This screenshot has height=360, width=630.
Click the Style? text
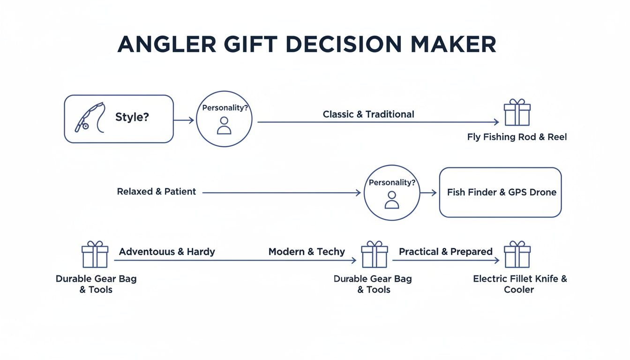click(132, 117)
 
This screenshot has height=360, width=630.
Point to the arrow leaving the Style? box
click(184, 120)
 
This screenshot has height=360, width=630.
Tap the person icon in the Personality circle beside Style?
click(224, 125)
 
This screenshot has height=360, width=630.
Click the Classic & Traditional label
click(368, 114)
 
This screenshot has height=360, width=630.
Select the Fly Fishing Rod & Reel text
click(517, 137)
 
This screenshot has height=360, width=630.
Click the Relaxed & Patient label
click(157, 192)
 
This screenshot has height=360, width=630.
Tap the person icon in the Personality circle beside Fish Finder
click(391, 200)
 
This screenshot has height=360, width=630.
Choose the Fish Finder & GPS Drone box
click(500, 192)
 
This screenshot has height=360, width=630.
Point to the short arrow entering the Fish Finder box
click(428, 193)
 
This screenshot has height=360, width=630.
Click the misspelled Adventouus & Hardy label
click(167, 252)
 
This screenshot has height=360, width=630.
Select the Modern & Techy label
click(307, 252)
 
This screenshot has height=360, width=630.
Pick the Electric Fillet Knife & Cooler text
click(519, 284)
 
